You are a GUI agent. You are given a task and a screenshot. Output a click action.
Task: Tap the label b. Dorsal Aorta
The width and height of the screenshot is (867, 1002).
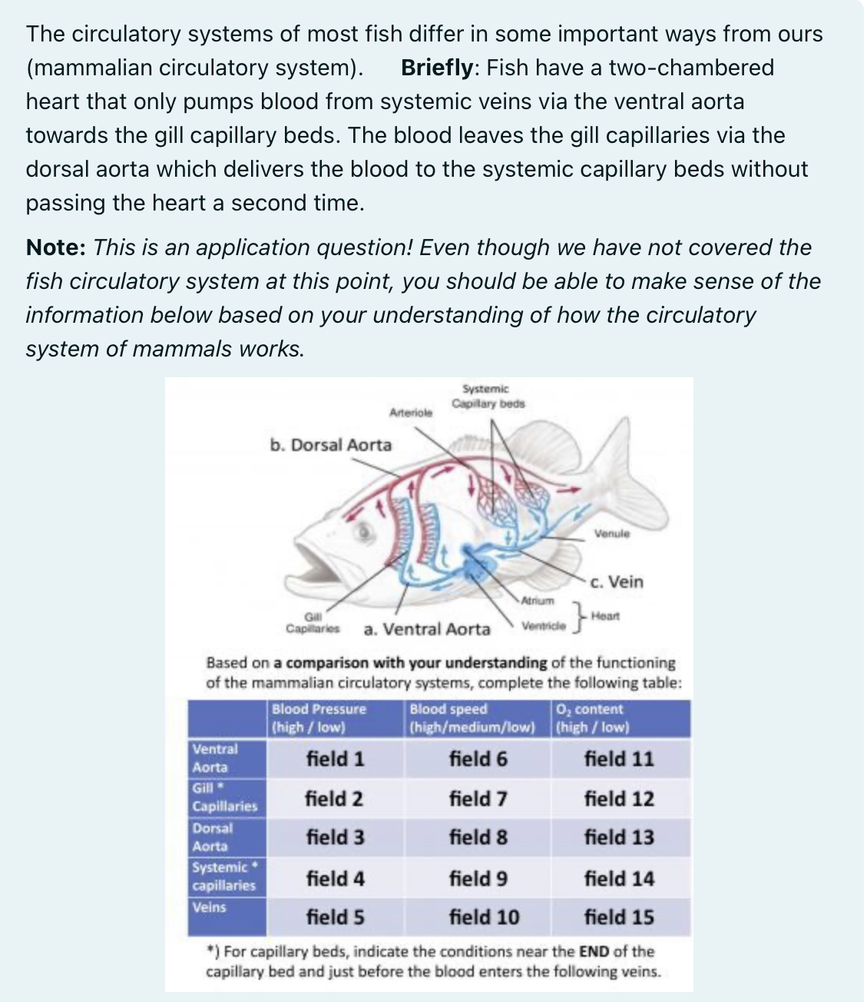coord(330,445)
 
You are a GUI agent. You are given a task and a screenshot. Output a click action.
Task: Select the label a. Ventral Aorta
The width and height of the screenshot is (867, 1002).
coord(426,629)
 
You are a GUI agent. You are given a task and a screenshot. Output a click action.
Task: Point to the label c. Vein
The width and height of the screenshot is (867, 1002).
coord(617,582)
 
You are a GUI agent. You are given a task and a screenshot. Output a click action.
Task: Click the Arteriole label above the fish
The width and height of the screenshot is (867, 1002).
coord(411,412)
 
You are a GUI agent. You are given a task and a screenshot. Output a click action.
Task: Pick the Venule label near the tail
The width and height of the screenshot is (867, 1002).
coord(611,533)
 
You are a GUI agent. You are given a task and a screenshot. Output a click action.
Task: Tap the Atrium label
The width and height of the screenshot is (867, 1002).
coord(538,599)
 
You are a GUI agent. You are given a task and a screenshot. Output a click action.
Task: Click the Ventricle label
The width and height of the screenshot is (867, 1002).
coord(543,626)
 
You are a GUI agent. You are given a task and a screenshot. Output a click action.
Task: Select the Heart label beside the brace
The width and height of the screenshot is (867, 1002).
coord(607,615)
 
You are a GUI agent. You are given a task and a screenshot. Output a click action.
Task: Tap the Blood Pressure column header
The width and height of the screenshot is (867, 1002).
coord(319,718)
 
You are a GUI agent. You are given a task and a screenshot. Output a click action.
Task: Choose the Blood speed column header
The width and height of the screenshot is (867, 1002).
coord(471,718)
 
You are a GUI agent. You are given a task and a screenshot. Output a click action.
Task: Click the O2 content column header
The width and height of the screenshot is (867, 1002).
coord(591,718)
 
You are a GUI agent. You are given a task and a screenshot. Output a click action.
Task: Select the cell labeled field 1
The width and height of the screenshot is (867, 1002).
coord(336,759)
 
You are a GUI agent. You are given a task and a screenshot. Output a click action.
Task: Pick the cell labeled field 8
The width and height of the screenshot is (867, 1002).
coord(478,837)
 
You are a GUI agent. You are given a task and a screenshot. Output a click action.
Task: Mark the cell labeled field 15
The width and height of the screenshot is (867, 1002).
coord(619,917)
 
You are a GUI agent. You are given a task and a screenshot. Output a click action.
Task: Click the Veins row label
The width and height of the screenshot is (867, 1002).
coord(209,907)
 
